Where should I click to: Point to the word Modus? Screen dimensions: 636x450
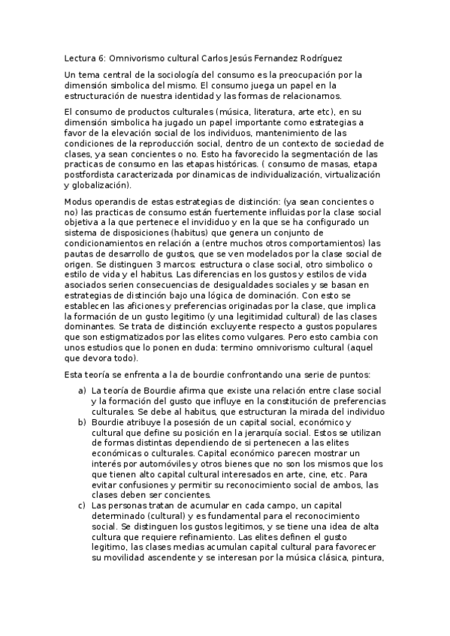(x=79, y=202)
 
